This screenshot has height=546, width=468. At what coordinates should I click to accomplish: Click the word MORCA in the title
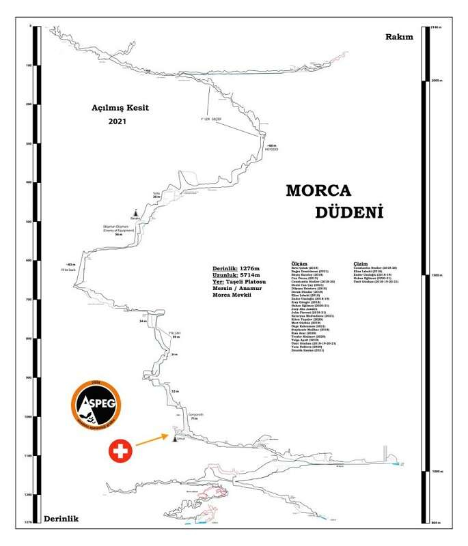[318, 189]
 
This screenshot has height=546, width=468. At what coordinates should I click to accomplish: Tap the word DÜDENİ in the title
[348, 212]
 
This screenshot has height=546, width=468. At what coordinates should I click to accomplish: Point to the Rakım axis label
[400, 37]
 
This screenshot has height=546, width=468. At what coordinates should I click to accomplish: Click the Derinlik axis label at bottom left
[61, 519]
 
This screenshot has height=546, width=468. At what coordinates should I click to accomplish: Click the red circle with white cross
[120, 450]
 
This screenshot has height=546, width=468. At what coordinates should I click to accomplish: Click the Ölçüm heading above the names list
[299, 263]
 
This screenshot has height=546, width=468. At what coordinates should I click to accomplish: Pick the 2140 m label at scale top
[439, 27]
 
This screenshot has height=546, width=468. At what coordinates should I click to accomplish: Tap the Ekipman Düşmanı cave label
[117, 230]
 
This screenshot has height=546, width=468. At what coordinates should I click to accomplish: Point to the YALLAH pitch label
[175, 332]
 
